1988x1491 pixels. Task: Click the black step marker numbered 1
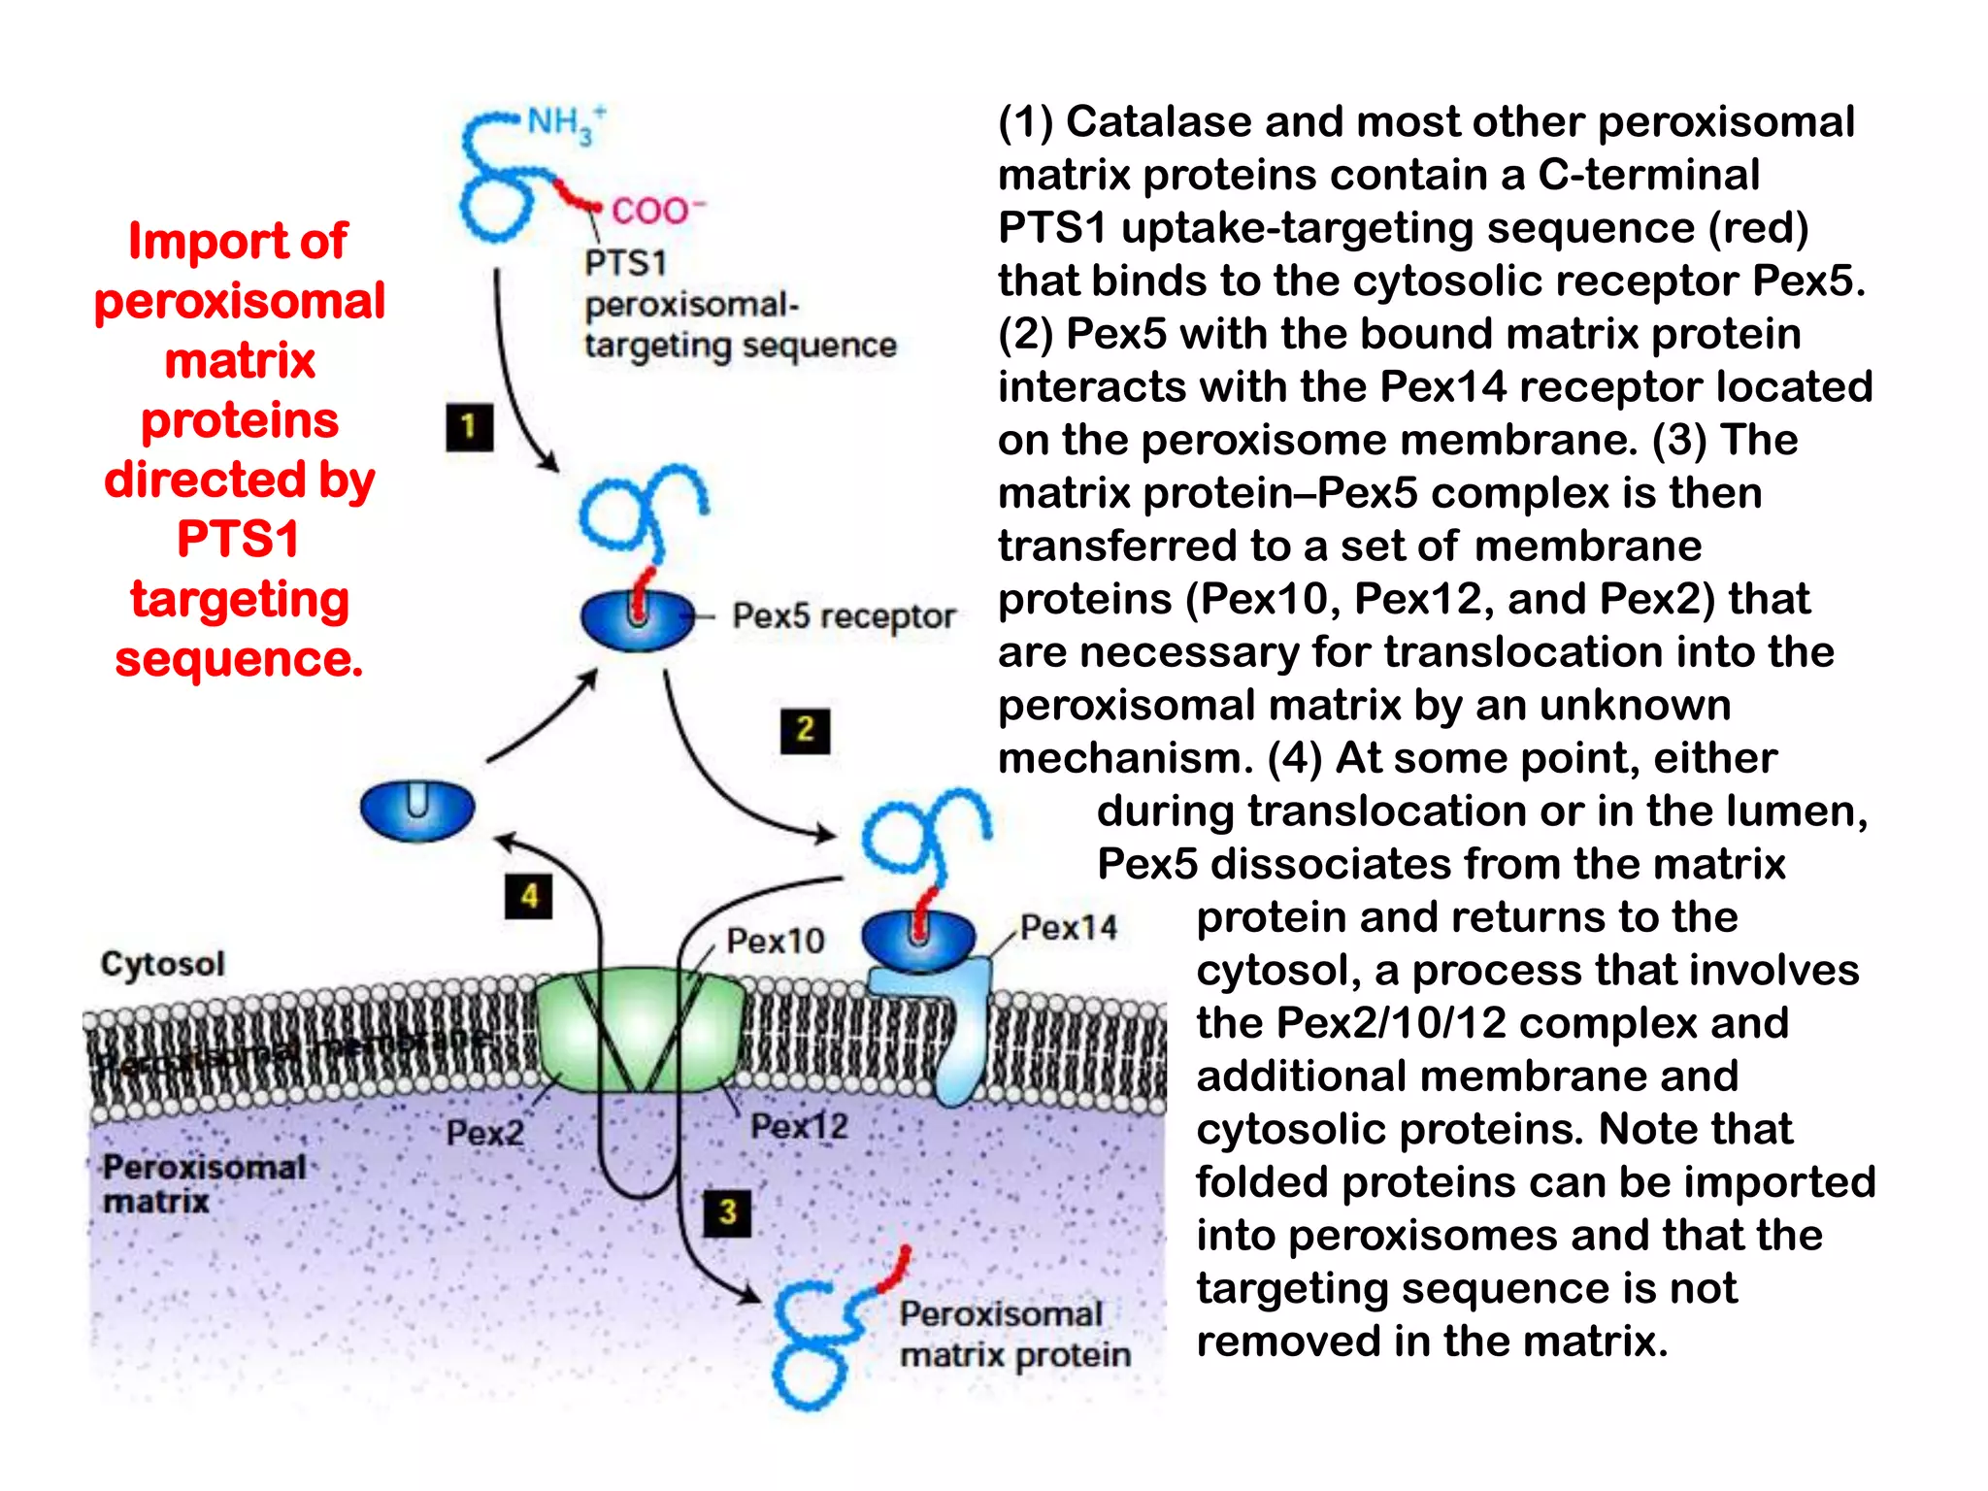click(x=469, y=427)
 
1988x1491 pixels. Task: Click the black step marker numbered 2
click(x=805, y=730)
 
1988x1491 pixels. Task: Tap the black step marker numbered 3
click(x=728, y=1212)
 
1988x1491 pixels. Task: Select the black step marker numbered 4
click(x=529, y=896)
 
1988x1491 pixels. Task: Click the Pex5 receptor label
click(x=843, y=615)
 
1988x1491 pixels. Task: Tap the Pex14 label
click(x=1068, y=927)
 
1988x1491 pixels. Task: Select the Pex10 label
click(x=775, y=941)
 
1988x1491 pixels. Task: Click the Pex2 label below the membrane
click(x=484, y=1132)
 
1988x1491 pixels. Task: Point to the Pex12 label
click(x=799, y=1126)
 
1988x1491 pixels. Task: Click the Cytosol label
click(x=162, y=964)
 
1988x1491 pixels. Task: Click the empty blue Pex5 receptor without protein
click(x=417, y=809)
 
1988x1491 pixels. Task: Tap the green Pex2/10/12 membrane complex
click(x=641, y=1029)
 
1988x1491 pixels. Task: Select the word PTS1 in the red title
click(x=239, y=539)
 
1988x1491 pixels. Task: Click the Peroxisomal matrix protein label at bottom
click(x=1013, y=1334)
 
